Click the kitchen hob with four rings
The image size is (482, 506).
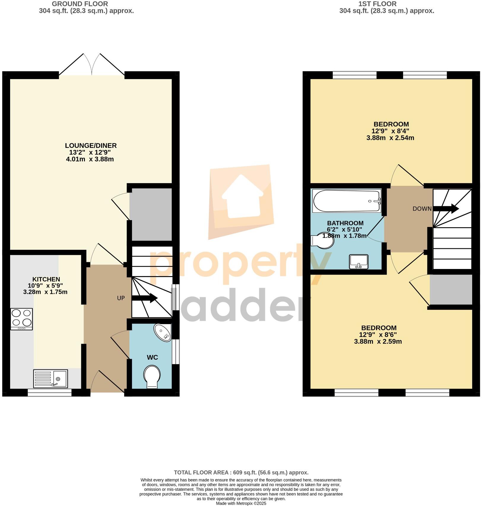tap(21, 319)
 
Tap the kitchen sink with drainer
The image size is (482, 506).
tap(50, 378)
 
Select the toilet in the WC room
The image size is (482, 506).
tap(152, 377)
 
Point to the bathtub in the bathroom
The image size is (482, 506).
tap(347, 201)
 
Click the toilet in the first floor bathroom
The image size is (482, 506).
tap(323, 240)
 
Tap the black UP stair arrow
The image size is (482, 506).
tap(145, 298)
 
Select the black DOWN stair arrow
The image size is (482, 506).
tap(446, 208)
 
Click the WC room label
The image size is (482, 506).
tap(152, 357)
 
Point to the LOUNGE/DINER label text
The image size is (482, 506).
tap(91, 145)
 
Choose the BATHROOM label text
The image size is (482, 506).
tap(345, 223)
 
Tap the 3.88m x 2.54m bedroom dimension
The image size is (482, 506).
tap(390, 138)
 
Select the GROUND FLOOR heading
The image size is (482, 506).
tap(80, 4)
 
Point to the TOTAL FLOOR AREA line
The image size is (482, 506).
tap(241, 473)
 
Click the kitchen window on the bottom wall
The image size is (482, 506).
tap(50, 393)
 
